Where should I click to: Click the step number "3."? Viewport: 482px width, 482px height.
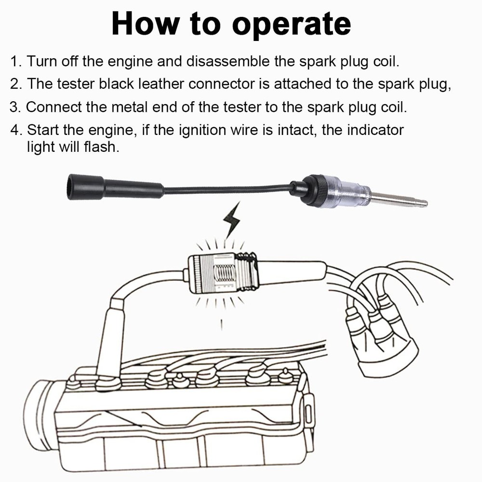(16, 107)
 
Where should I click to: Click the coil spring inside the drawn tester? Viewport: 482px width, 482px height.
(224, 275)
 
